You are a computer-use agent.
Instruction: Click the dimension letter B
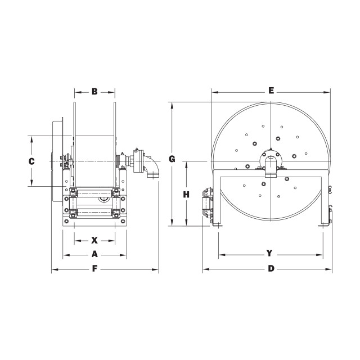pos(94,91)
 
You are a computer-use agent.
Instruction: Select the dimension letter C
pos(31,161)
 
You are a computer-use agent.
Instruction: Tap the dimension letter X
pos(94,240)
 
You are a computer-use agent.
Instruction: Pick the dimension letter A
pos(94,254)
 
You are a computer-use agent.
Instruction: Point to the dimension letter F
pos(94,269)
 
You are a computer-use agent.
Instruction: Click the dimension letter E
pos(271,91)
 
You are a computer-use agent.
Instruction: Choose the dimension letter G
pos(172,159)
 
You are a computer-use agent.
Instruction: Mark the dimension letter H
pos(186,195)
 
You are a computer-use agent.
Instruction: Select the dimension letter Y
pos(269,253)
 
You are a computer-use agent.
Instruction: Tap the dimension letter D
pos(271,268)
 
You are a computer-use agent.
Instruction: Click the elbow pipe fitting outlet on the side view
pos(151,168)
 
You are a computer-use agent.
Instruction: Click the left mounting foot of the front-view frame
pos(217,225)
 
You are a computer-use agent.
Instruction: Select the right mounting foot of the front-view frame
pos(324,225)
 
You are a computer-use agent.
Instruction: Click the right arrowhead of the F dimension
pos(155,269)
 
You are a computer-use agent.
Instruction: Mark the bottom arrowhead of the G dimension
pos(172,223)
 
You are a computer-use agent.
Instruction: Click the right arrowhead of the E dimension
pos(327,92)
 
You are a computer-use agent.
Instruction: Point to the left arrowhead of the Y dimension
pos(222,255)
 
